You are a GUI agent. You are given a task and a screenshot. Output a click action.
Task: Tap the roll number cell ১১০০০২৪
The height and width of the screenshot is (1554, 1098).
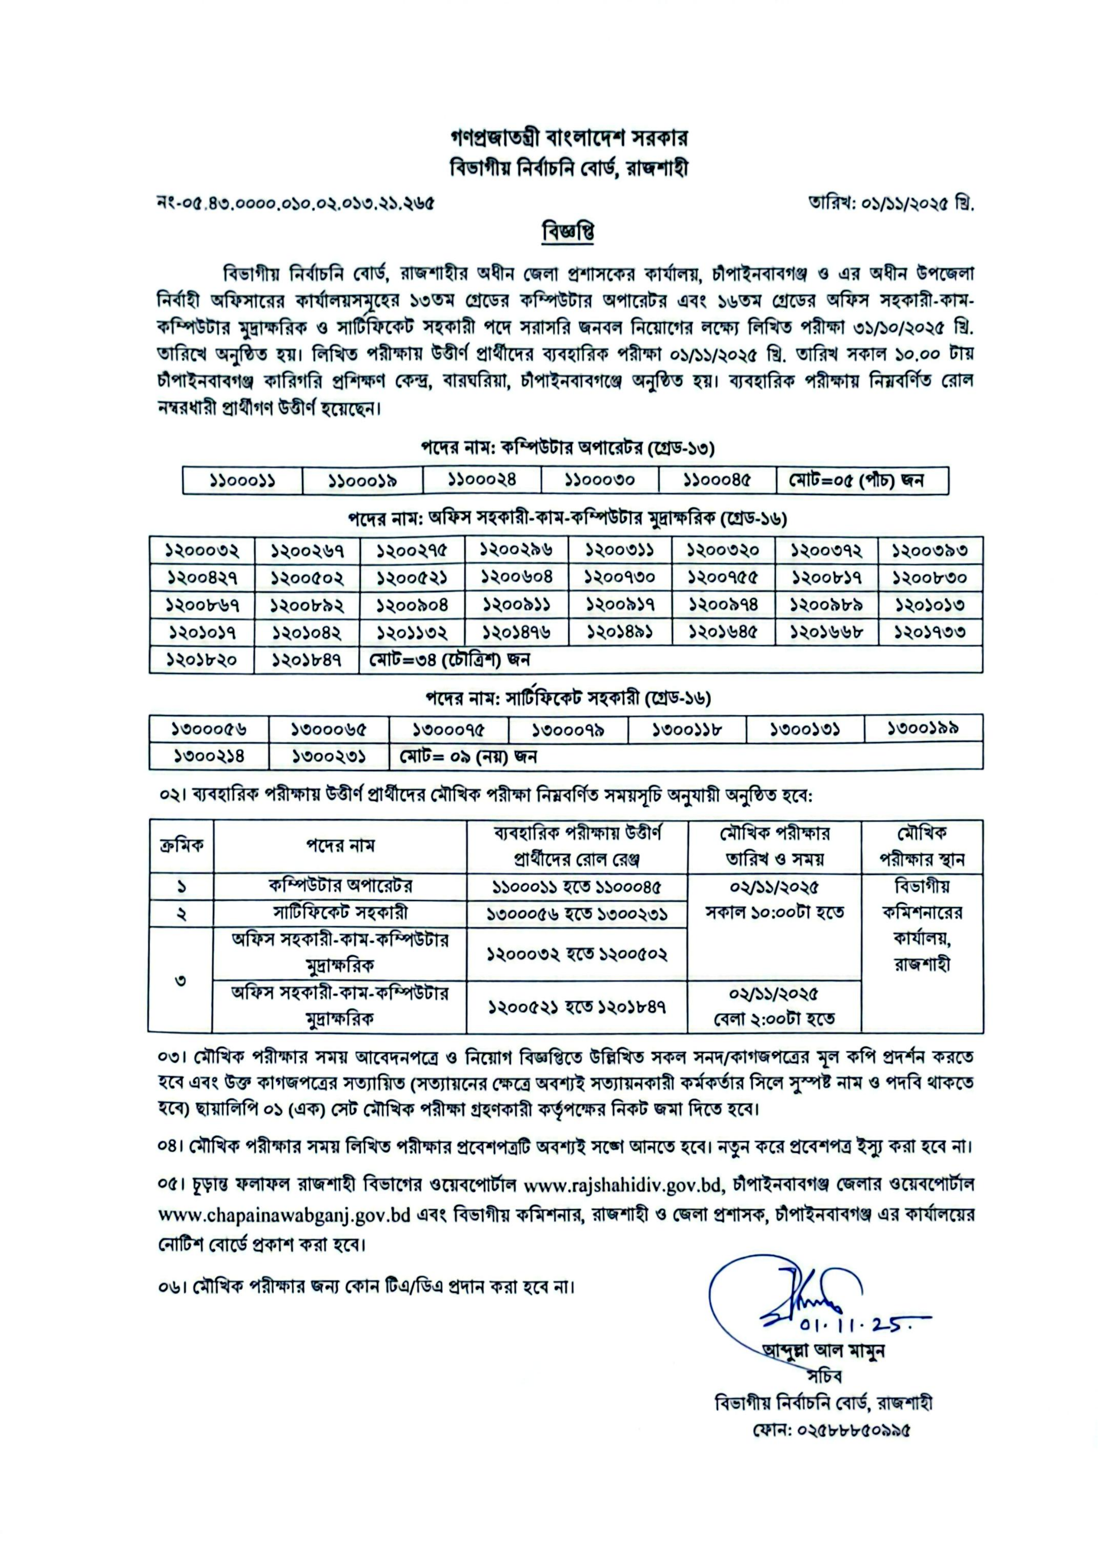[482, 480]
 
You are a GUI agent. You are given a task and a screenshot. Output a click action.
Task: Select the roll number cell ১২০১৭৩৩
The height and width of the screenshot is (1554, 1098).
[930, 632]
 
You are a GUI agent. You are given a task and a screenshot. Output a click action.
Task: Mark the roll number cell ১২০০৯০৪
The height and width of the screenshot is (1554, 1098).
[412, 605]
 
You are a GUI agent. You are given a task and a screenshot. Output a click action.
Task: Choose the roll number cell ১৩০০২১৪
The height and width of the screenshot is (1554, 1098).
[209, 756]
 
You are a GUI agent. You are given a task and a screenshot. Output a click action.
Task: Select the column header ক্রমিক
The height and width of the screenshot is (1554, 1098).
[182, 845]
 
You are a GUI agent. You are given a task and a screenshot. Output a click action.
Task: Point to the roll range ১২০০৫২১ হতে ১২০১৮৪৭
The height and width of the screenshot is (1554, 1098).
[577, 1007]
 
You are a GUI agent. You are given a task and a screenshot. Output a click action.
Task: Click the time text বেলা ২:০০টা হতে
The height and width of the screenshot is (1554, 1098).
[773, 1018]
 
